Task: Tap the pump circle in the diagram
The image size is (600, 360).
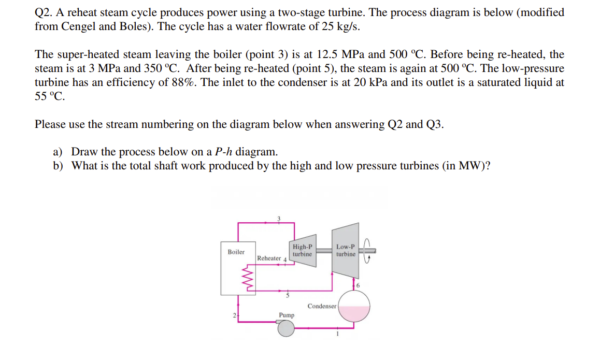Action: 285,327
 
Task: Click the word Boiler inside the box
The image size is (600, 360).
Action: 236,252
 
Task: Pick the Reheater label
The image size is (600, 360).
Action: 269,258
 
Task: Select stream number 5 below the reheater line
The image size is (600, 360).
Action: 288,295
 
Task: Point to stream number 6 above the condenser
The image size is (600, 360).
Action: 358,286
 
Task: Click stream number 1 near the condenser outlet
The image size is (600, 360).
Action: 337,334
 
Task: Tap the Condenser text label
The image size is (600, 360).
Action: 322,306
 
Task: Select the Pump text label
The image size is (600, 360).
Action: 287,315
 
